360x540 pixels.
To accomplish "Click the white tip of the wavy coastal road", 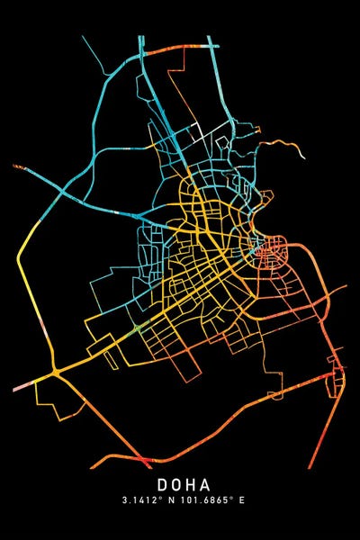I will tap(304, 155).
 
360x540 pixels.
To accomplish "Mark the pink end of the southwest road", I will tap(16, 388).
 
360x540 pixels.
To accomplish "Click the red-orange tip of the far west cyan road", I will tap(14, 166).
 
